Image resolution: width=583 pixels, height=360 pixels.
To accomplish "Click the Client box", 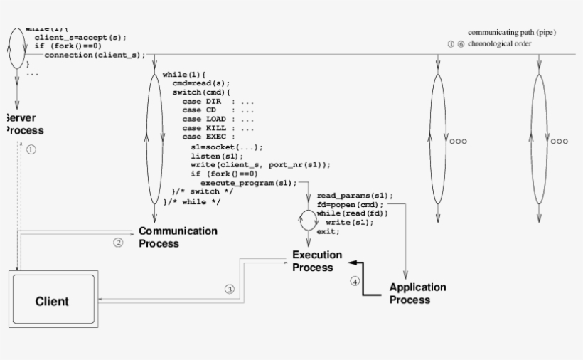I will (52, 300).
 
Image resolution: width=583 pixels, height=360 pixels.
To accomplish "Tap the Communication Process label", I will (177, 237).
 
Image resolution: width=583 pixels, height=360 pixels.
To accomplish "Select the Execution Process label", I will (316, 261).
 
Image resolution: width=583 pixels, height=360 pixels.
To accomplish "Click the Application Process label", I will (417, 293).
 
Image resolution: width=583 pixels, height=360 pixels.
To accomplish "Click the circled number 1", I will (31, 150).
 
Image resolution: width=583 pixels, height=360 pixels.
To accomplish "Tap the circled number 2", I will (119, 242).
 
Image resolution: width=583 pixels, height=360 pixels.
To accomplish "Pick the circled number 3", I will (229, 290).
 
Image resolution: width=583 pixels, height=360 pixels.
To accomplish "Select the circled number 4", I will (355, 281).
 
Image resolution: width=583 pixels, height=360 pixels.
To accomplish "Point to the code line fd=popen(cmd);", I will (349, 204).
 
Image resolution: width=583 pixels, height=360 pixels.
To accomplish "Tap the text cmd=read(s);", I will (201, 83).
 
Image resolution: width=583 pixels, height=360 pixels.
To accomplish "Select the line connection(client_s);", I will (94, 55).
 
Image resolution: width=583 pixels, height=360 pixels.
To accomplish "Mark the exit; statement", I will (328, 232).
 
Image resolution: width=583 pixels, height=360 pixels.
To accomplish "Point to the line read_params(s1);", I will (355, 195).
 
